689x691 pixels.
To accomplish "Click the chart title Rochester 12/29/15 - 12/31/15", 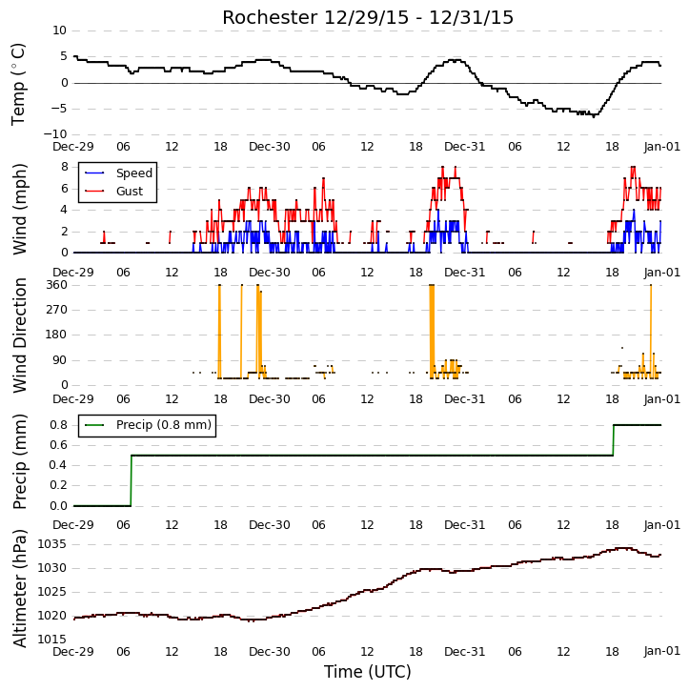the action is coord(368,17).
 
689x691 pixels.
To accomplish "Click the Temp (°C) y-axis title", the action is coord(18,84).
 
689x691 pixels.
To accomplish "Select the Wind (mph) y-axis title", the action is coord(19,209).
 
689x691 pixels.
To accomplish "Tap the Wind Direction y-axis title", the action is coord(19,335).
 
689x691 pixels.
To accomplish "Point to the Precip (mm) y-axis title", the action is coord(19,462).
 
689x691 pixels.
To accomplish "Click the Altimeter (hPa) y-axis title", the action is coord(19,588).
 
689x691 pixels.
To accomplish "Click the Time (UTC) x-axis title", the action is coord(368,672).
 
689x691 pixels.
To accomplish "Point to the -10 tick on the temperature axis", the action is coord(55,134).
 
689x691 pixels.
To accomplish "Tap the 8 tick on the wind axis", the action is coord(65,167).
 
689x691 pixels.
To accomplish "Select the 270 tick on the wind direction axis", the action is coord(57,310).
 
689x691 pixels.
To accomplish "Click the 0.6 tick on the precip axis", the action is coord(58,445).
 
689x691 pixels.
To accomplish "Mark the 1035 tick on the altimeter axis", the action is coord(52,544).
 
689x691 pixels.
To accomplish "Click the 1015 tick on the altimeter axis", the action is coord(52,640).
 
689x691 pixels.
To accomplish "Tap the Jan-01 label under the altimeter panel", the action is coord(661,651).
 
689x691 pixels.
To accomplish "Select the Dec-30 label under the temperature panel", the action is coord(270,147).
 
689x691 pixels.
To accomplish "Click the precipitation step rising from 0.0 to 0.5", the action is coord(131,480).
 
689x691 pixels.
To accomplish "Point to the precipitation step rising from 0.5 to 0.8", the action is coord(613,440).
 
